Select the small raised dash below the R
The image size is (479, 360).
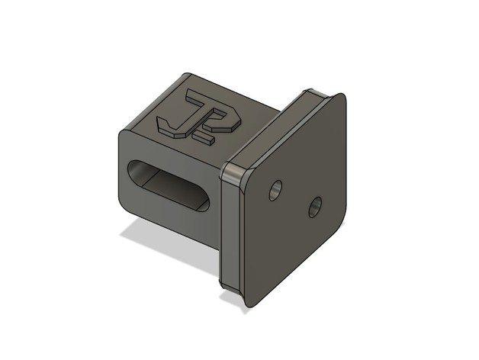pyautogui.click(x=204, y=139)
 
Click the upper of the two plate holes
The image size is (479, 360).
pyautogui.click(x=276, y=190)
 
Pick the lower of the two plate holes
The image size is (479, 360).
pyautogui.click(x=315, y=207)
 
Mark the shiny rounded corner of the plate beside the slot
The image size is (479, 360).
pyautogui.click(x=233, y=173)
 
